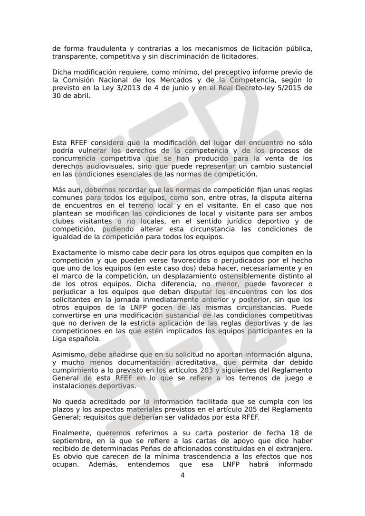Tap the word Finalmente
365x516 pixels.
pos(71,432)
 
